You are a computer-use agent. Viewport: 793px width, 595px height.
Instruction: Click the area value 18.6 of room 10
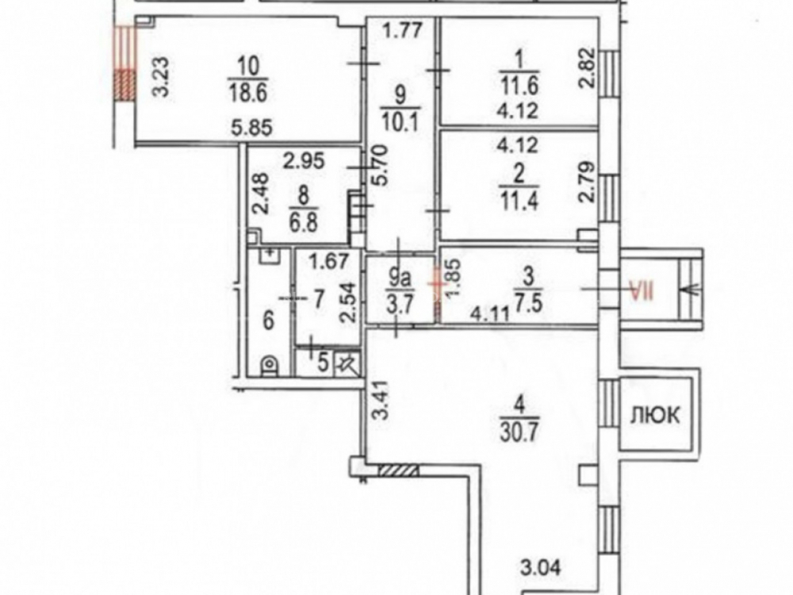[x=247, y=93]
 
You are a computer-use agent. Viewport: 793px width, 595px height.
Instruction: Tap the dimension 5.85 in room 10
[x=252, y=128]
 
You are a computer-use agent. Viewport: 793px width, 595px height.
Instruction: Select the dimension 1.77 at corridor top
[x=402, y=30]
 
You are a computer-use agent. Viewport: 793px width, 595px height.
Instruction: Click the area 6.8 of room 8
[x=304, y=222]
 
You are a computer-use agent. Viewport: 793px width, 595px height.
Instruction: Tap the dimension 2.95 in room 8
[x=304, y=161]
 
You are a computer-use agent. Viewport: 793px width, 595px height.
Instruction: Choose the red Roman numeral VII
[x=642, y=291]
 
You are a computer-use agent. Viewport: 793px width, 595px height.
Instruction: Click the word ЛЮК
[x=655, y=416]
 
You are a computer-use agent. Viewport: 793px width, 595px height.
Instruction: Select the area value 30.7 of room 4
[x=519, y=432]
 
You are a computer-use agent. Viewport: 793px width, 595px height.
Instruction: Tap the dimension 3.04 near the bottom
[x=541, y=567]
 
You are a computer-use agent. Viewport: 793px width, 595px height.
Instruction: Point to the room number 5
[x=324, y=363]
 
